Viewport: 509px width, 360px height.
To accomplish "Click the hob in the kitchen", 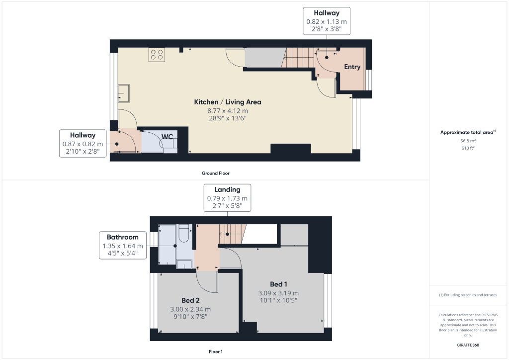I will (157, 55).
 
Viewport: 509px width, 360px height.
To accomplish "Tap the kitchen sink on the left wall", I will (123, 92).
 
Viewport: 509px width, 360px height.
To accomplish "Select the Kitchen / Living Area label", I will (227, 102).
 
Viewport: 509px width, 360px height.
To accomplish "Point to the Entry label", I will (352, 67).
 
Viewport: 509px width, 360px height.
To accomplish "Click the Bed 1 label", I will (278, 284).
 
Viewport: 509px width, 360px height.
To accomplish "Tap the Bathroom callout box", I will (123, 245).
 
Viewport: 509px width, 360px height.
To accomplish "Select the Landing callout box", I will (227, 198).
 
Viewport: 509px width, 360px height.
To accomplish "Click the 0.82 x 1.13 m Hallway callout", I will (327, 21).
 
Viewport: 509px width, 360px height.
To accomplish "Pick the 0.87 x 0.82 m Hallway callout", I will (83, 143).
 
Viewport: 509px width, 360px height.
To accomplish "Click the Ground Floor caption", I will (216, 174).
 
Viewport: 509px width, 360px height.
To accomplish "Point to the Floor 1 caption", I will (216, 352).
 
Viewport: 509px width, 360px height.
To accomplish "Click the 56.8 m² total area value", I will (468, 141).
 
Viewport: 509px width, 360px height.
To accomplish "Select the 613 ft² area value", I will (468, 148).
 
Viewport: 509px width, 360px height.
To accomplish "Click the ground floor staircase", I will (299, 58).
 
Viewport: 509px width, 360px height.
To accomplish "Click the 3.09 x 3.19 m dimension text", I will (278, 293).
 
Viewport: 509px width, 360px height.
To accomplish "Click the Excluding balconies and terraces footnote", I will (468, 295).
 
